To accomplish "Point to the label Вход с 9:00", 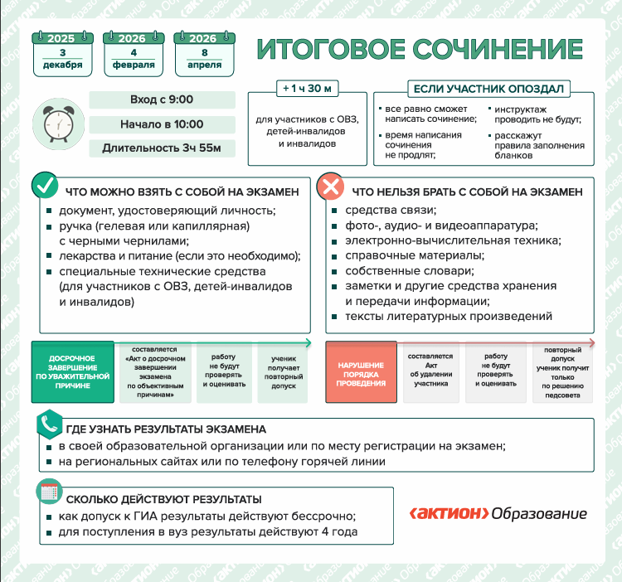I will pyautogui.click(x=161, y=100).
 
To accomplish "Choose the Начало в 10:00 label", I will pyautogui.click(x=161, y=124).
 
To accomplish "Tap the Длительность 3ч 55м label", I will pyautogui.click(x=161, y=149).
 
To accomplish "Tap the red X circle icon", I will pyautogui.click(x=331, y=187).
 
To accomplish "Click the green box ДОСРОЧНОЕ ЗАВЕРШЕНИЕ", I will pyautogui.click(x=72, y=372).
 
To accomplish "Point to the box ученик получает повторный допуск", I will pyautogui.click(x=284, y=373).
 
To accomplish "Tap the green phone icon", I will pyautogui.click(x=48, y=424).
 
